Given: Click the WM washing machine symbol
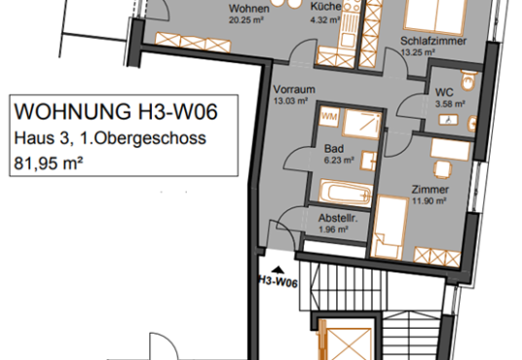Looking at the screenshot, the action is coord(329,117).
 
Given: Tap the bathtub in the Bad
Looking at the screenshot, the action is coord(346,193).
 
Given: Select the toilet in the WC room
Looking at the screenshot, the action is coord(469,80).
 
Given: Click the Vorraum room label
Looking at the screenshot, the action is coord(294,90).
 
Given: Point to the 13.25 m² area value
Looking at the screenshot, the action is coord(418,53).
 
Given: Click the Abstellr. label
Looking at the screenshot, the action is coord(338,218).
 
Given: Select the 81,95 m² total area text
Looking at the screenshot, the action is coord(49,163).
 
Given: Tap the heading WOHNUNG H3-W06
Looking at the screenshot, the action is coord(116,111).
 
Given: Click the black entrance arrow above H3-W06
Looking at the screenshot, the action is coord(278,270).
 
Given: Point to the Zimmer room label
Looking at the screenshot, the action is coord(430,190).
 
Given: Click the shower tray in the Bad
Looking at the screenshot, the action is coord(361,123).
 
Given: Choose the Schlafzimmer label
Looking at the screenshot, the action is coord(433,41).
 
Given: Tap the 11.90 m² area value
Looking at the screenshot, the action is coord(429,201).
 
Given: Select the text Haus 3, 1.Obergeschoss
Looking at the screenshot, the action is coord(110,138).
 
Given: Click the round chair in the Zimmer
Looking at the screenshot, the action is coord(443,169).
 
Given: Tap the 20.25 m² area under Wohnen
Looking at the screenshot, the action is coord(246,19).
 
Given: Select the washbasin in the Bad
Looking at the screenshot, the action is coord(369,162).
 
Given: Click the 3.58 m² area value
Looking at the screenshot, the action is coord(450,104).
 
